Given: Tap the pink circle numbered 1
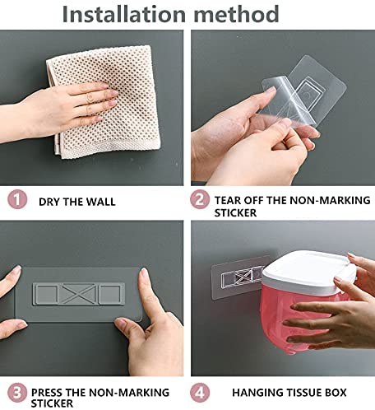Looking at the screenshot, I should (16, 200).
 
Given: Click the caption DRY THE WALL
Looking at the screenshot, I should (77, 201).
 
